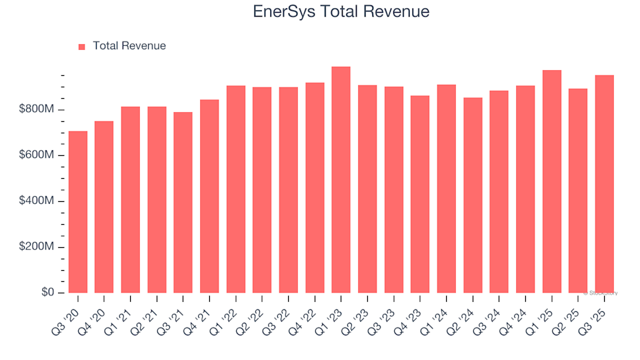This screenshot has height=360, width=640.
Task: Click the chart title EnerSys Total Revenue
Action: tap(341, 12)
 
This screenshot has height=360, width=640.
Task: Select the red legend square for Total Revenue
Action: tap(82, 47)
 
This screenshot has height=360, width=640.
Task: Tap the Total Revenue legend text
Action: tap(129, 46)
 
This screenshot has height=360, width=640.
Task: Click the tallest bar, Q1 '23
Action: tap(341, 180)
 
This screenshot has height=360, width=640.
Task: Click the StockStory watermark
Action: tap(601, 293)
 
